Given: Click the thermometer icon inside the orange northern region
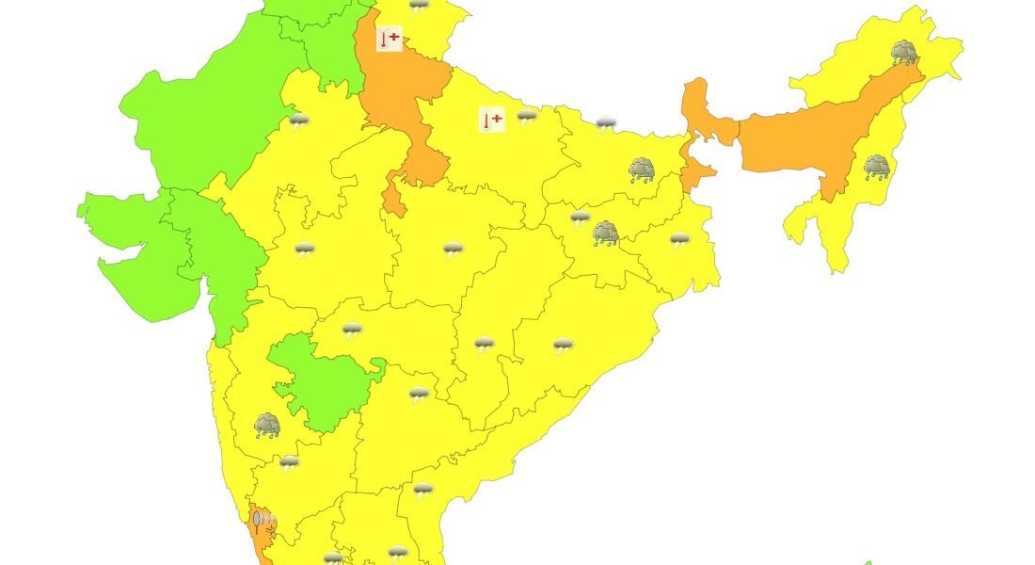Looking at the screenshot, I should pos(388,40).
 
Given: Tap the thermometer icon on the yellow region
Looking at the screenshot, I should pos(491,120).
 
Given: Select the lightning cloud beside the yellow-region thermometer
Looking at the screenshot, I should pos(527,117).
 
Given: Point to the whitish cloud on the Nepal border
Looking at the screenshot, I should pos(607,123).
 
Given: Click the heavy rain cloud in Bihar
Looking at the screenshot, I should pos(643,169).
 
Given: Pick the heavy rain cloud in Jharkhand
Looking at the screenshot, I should pos(606,233).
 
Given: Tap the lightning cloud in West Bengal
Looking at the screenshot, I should pos(679,239).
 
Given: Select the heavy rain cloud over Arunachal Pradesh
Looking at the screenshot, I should pos(904,52).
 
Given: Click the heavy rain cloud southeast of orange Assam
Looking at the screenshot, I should pos(877,168).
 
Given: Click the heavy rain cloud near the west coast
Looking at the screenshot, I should pos(267,426).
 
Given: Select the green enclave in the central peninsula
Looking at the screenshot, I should pos(320,381).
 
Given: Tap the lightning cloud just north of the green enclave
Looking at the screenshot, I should pos(352,330).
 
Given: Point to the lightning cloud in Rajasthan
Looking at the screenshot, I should pos(299,121).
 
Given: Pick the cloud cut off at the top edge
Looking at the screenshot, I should pos(419,5).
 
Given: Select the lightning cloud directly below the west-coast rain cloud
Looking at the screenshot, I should pos(289,462).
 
